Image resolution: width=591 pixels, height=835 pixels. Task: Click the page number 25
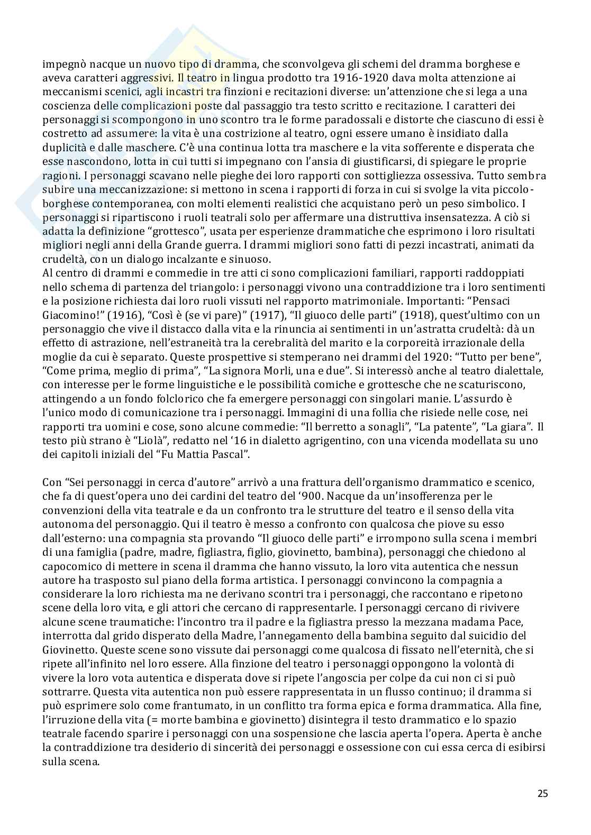coord(542,793)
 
